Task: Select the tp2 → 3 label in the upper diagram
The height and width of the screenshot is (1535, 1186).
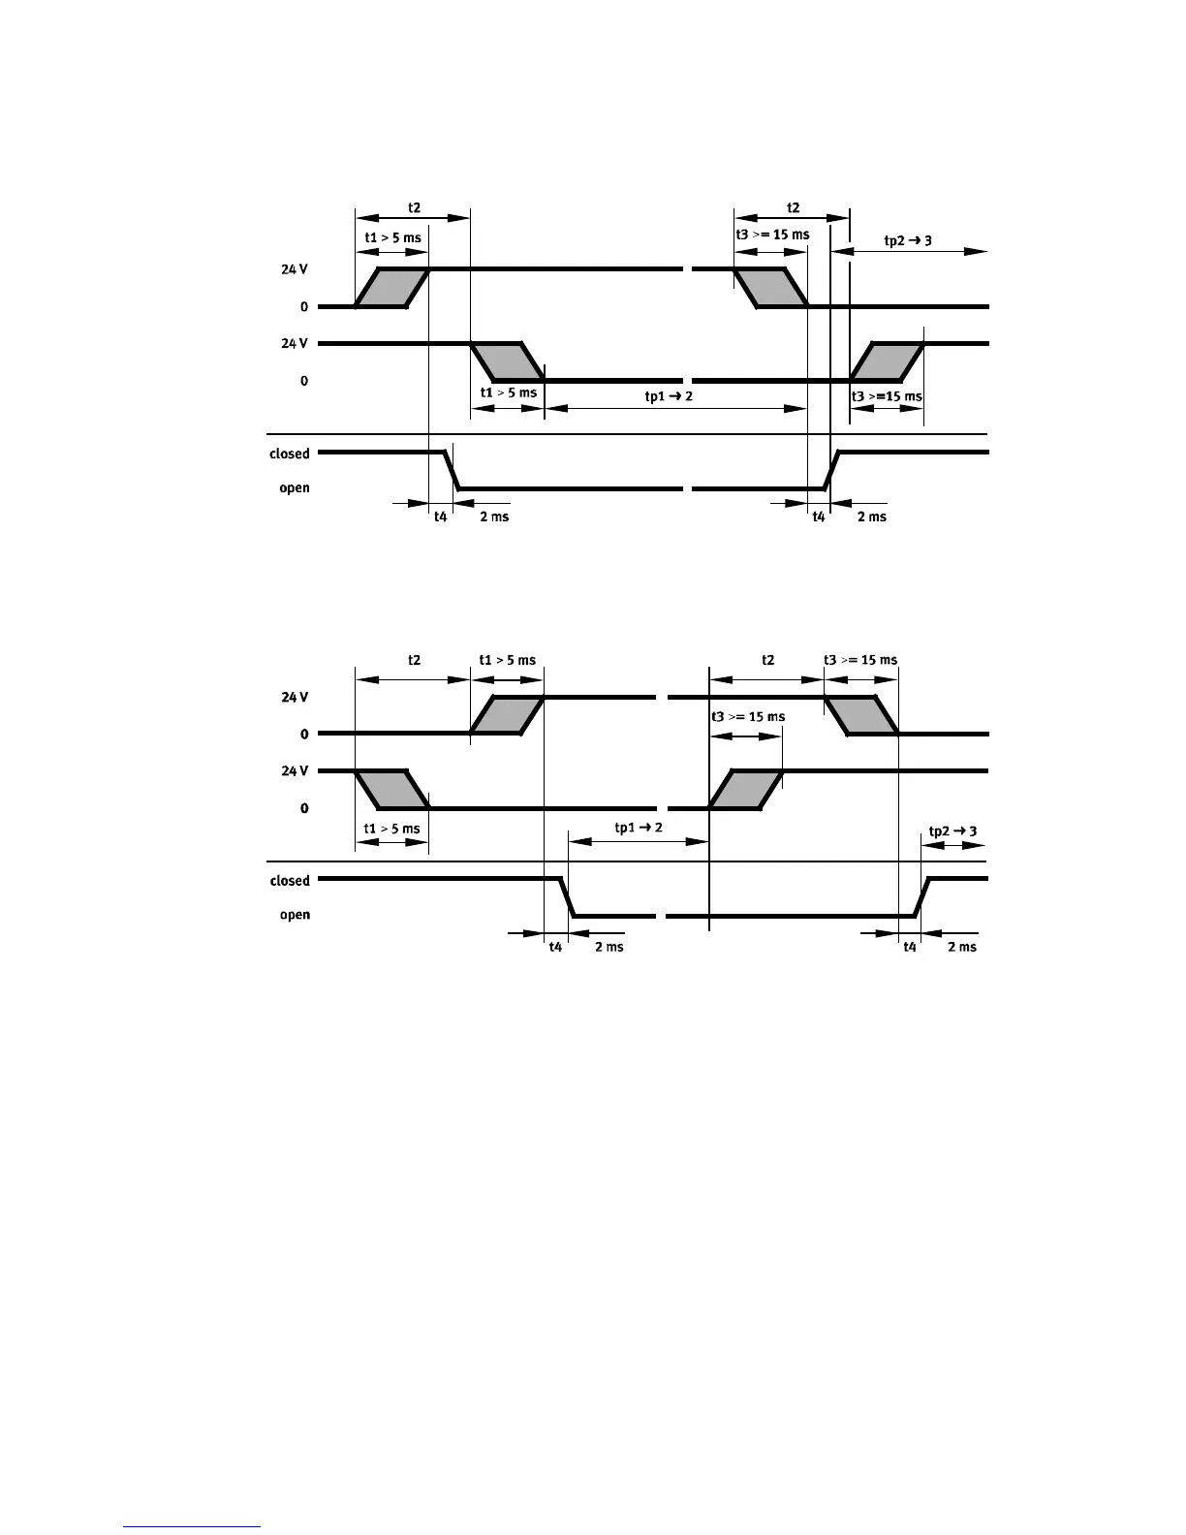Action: tap(909, 239)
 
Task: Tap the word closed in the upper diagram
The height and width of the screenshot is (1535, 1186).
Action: tap(289, 454)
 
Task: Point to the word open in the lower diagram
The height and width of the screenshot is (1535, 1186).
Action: tap(295, 915)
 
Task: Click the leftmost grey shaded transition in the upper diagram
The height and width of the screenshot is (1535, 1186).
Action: tap(391, 287)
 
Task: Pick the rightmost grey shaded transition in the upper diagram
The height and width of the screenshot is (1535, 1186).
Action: tap(888, 361)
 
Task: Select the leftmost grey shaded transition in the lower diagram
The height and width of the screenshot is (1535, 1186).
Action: tap(391, 789)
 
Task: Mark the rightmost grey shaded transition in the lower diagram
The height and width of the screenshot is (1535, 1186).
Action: tap(861, 715)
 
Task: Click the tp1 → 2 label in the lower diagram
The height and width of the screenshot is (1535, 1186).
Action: tap(639, 827)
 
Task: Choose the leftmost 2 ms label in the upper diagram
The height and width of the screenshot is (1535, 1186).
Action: tap(494, 517)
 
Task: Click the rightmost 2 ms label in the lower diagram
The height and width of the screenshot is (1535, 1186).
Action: tap(961, 947)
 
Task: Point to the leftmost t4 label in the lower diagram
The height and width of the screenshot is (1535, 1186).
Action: tap(555, 947)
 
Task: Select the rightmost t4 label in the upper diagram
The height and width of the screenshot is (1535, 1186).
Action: tap(819, 517)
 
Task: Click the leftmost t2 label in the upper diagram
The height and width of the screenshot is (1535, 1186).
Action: tap(414, 207)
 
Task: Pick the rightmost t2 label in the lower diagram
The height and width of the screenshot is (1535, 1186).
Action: tap(767, 660)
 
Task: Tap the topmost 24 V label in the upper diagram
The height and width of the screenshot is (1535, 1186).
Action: tap(295, 269)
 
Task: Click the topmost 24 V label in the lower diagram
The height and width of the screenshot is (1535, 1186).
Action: tap(295, 698)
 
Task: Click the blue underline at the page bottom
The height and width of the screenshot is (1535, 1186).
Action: tap(193, 1528)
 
